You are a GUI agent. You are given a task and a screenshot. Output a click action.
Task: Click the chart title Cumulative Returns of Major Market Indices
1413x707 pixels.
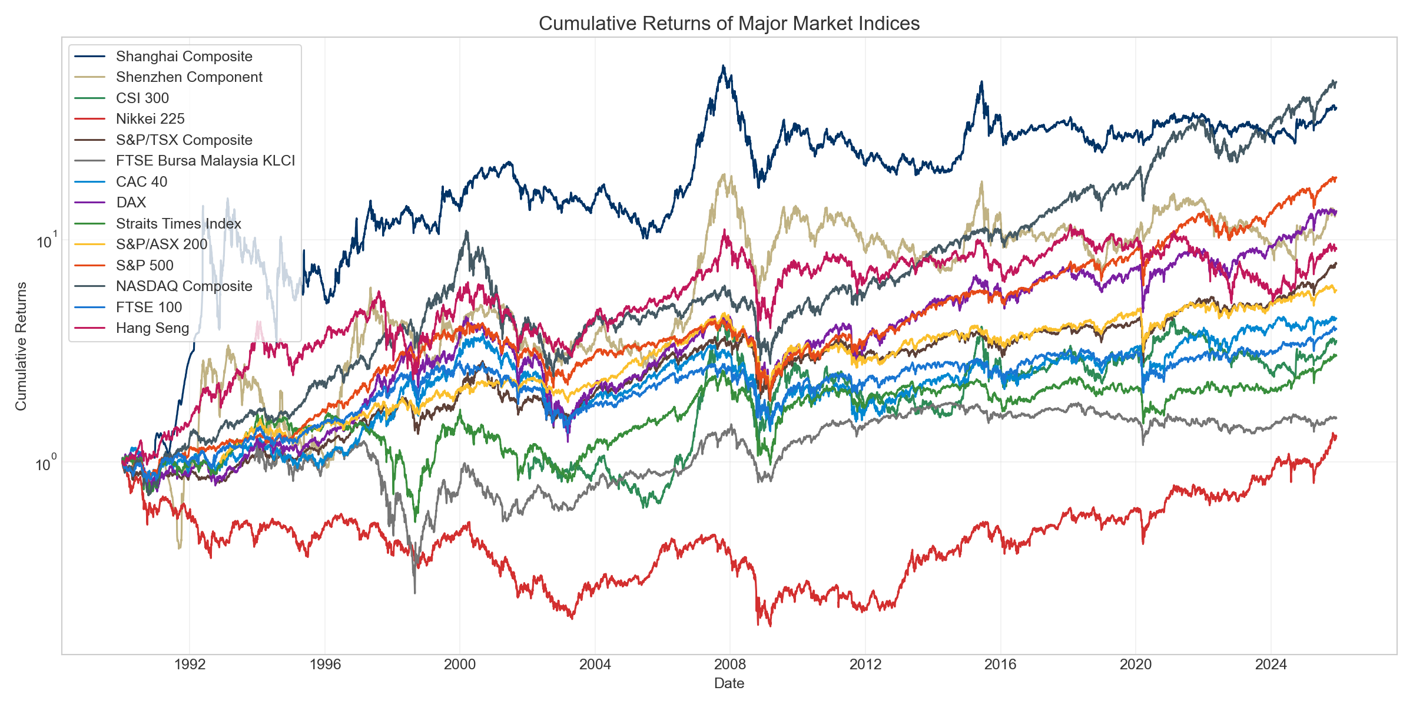[x=729, y=24]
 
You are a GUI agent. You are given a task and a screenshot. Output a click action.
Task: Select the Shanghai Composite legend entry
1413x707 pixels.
[x=184, y=57]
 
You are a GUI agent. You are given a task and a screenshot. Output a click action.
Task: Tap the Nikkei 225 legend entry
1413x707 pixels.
[x=150, y=119]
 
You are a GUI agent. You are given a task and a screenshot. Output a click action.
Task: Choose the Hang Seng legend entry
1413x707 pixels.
[x=152, y=328]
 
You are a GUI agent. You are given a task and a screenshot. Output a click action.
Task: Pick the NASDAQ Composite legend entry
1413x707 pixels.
[x=184, y=286]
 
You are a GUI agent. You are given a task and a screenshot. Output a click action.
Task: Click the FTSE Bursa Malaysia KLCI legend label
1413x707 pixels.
[x=205, y=161]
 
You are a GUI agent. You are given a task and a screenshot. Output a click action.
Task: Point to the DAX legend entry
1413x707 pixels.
[x=131, y=203]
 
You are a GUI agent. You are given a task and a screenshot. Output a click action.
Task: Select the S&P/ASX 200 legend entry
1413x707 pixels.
[x=161, y=245]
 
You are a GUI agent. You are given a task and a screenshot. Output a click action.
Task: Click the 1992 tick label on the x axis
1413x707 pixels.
[x=190, y=665]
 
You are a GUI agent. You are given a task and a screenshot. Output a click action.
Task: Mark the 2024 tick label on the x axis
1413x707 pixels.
[x=1271, y=665]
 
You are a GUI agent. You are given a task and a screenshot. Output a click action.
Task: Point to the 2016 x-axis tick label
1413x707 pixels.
[x=1000, y=665]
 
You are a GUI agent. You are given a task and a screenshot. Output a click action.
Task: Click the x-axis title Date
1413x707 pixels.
[x=729, y=683]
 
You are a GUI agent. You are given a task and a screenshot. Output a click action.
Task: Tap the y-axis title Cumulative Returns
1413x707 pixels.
[x=21, y=346]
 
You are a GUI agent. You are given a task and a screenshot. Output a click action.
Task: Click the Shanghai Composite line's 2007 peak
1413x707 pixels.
[x=724, y=66]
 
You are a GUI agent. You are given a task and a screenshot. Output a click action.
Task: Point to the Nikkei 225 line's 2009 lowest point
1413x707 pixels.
[x=769, y=626]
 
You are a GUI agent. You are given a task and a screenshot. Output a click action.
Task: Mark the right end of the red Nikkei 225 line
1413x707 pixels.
[x=1335, y=435]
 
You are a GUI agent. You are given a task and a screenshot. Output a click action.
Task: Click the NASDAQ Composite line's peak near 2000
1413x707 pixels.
[x=467, y=231]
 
